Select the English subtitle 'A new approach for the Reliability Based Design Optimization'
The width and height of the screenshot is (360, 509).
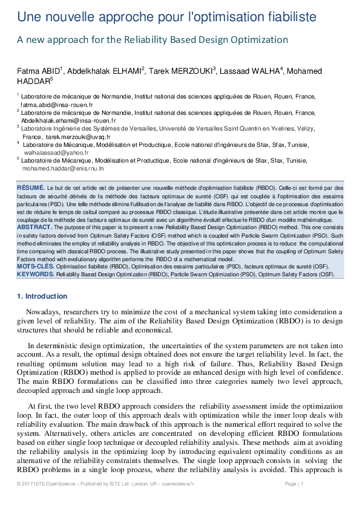[x=152, y=41]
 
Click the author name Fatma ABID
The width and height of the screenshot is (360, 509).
[x=38, y=71]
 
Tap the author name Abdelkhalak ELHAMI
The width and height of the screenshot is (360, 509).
[x=105, y=71]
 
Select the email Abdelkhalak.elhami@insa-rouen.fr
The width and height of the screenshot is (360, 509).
[x=68, y=120]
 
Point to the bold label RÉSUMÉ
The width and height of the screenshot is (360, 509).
[x=30, y=188]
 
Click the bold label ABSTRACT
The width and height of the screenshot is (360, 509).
[x=34, y=227]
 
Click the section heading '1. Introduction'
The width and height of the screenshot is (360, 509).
[x=42, y=296]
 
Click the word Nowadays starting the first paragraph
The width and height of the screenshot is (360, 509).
[x=45, y=313]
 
